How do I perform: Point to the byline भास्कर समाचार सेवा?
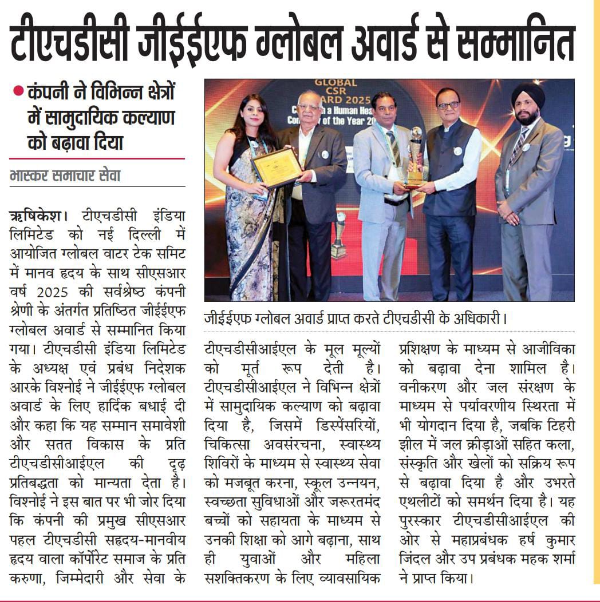(x=65, y=176)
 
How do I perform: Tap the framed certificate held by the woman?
(x=277, y=168)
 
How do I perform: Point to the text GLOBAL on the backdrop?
(x=336, y=83)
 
